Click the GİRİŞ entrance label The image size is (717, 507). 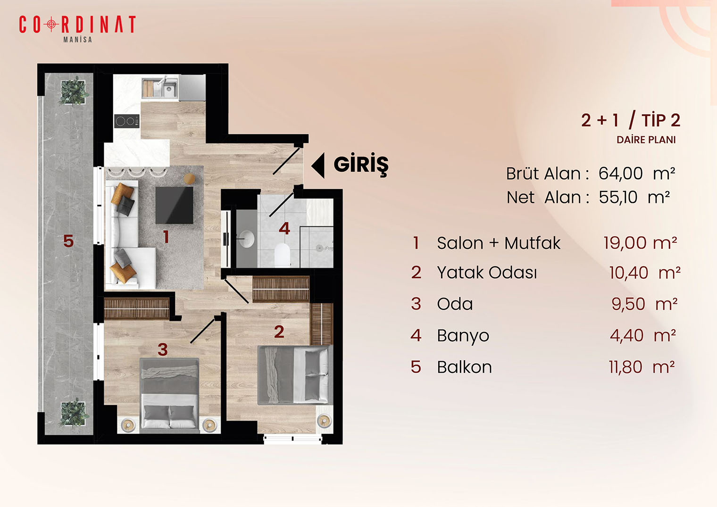point(361,165)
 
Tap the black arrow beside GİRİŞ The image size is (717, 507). point(318,165)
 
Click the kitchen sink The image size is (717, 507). point(165,87)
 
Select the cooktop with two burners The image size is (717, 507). point(127,121)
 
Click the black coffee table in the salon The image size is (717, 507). point(174,205)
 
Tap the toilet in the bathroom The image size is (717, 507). point(282,255)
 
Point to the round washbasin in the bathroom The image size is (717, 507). point(247,239)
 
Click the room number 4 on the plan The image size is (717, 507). point(284,229)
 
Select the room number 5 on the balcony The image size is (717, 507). point(68,241)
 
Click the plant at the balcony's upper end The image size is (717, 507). point(73,91)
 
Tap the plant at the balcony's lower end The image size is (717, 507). point(73,413)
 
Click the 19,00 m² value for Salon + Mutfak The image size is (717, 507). point(640,243)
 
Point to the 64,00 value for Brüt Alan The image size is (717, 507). point(621,174)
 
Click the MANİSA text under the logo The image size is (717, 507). point(78,40)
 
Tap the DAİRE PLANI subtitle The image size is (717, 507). point(646,140)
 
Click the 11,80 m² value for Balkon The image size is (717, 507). point(642,367)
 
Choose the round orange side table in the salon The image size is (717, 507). point(189,179)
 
